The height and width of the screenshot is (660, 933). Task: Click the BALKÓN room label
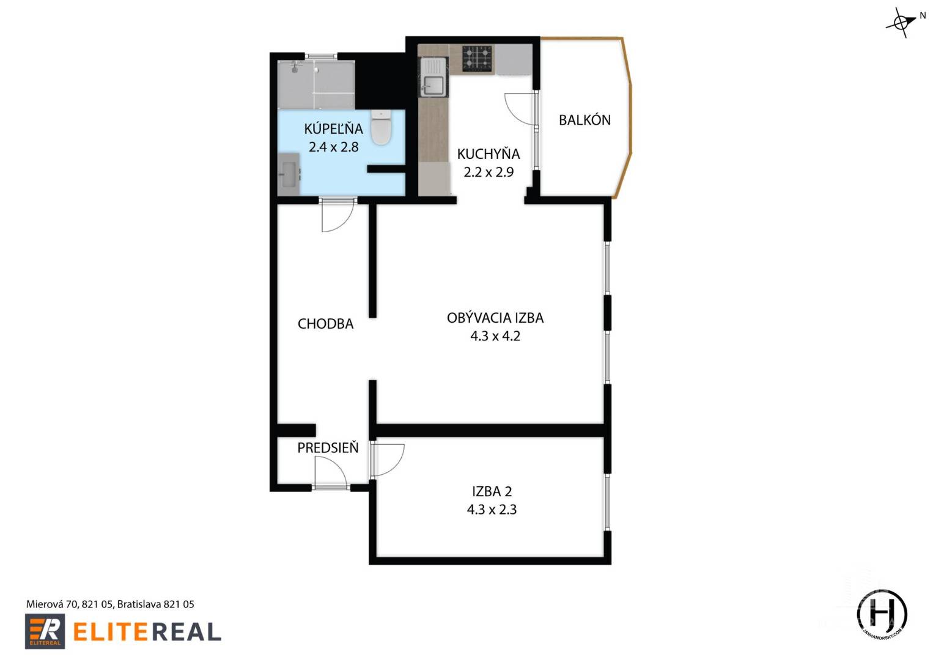[x=585, y=120]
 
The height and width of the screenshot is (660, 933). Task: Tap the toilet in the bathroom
[x=381, y=127]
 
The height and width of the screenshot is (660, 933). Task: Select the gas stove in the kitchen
[x=477, y=59]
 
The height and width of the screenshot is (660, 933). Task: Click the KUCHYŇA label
[x=488, y=154]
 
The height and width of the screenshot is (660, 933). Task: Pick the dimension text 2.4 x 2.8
[x=333, y=147]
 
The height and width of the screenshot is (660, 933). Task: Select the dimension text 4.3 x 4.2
[x=495, y=335]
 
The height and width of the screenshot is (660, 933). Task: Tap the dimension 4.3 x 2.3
[x=492, y=509]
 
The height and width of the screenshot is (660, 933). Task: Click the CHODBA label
[x=325, y=324]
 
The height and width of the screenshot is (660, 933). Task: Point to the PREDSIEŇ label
[x=328, y=448]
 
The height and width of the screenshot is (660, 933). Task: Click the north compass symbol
[x=902, y=23]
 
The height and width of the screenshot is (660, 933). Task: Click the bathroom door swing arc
[x=338, y=216]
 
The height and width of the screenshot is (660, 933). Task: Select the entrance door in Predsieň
[x=330, y=473]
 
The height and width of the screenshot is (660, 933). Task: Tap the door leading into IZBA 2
[x=386, y=460]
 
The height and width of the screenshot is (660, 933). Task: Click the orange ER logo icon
[x=44, y=631]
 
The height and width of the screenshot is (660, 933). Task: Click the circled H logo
[x=882, y=614]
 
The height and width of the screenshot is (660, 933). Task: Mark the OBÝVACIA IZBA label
[x=495, y=318]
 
